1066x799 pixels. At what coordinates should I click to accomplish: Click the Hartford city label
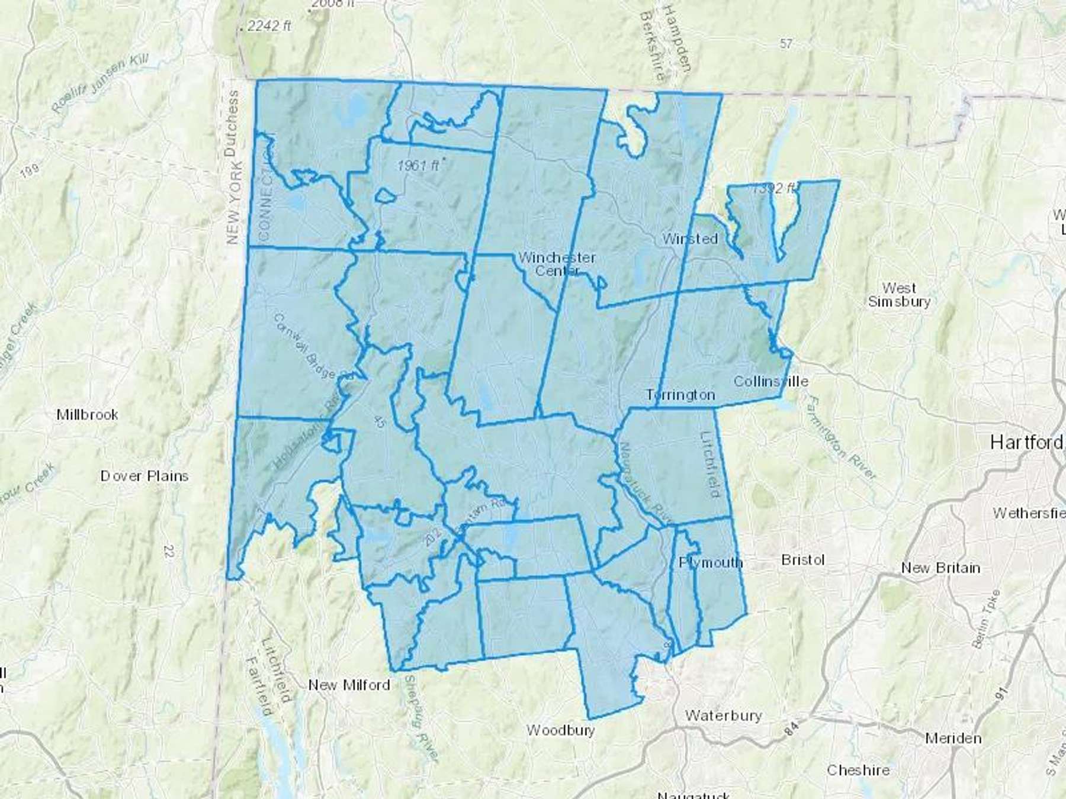[1026, 442]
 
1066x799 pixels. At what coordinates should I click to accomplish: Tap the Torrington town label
[680, 395]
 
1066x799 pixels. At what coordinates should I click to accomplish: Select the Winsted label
[690, 239]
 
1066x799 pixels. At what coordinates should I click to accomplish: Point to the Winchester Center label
[557, 264]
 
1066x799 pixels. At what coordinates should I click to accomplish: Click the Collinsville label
[770, 381]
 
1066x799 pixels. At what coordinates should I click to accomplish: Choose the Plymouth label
[711, 562]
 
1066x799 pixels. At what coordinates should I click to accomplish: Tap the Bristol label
[802, 560]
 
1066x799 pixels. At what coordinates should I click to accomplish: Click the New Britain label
[940, 568]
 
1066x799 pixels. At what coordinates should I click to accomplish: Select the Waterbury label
[723, 716]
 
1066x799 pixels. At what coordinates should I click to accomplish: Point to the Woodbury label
[560, 730]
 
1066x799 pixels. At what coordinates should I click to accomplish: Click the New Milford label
[349, 685]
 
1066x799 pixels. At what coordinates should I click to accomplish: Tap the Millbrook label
[87, 414]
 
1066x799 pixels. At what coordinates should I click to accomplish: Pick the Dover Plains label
[145, 476]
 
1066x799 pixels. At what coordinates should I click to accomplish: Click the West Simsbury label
[899, 294]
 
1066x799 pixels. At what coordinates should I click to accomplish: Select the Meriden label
[953, 738]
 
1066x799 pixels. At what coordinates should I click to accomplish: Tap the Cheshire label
[858, 770]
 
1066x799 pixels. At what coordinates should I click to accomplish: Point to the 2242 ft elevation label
[269, 26]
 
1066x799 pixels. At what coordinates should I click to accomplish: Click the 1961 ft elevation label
[418, 166]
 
